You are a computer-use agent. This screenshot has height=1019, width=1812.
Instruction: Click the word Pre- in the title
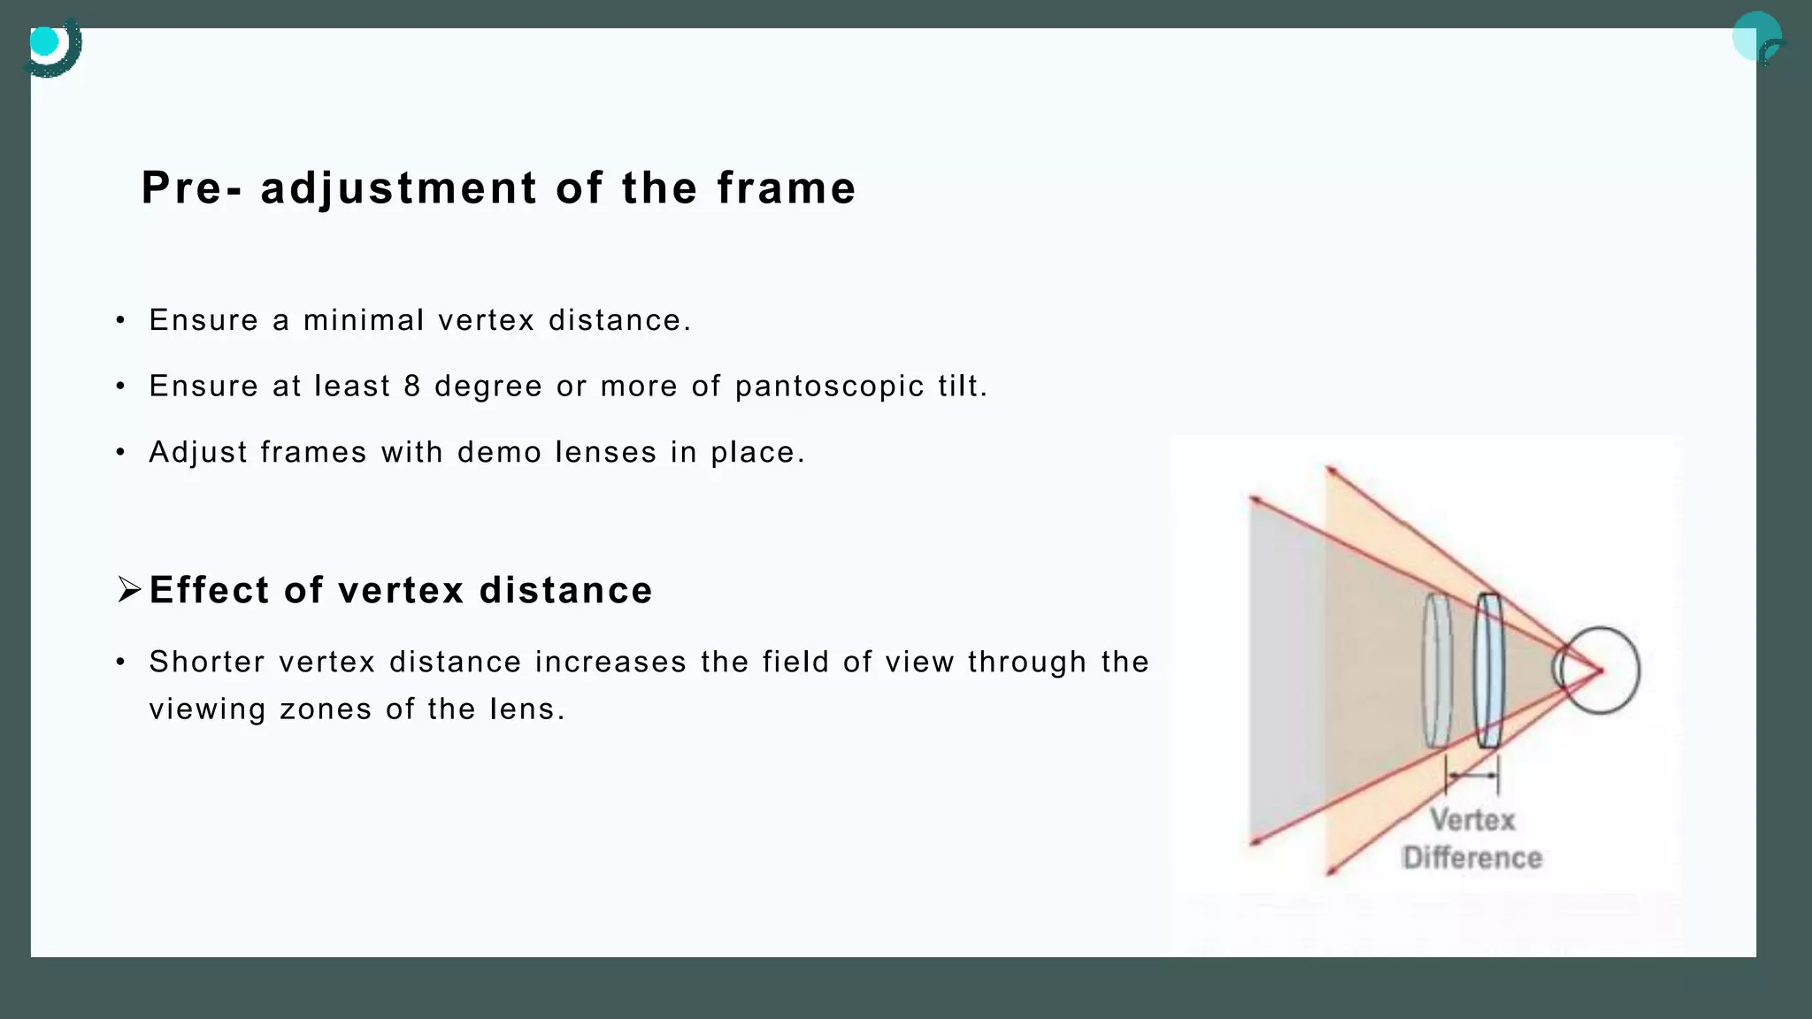(191, 188)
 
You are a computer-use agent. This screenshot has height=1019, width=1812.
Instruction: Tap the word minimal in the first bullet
(364, 320)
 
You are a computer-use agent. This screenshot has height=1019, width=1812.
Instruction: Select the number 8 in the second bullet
(412, 387)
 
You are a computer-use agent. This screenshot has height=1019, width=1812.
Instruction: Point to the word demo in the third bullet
(499, 453)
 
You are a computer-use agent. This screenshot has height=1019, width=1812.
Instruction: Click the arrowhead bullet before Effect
(129, 589)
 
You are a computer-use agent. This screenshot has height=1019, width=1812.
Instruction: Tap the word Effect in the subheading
(209, 591)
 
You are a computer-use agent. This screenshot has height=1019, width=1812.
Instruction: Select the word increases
(610, 663)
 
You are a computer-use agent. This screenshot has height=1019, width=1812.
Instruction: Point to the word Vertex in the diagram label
(1472, 820)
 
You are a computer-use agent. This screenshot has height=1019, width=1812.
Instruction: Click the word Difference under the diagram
(1472, 857)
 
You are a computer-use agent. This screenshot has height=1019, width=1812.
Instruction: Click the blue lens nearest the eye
(1489, 670)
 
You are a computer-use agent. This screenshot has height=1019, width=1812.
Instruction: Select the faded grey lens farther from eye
(1437, 670)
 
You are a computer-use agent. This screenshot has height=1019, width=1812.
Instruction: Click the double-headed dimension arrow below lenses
(1472, 776)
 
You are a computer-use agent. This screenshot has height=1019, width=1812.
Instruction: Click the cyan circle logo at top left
(45, 42)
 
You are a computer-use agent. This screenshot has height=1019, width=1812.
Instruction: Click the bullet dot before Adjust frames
(120, 453)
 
